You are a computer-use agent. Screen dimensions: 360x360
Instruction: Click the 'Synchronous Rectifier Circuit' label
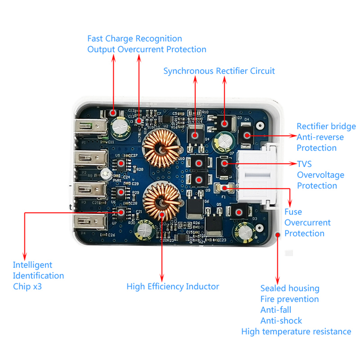click(219, 71)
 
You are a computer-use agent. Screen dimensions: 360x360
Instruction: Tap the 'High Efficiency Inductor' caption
click(173, 287)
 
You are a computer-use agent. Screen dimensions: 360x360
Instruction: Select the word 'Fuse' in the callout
click(293, 212)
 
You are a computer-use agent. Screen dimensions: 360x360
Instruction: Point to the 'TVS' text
click(304, 164)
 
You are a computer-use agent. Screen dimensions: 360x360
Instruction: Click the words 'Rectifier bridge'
click(326, 126)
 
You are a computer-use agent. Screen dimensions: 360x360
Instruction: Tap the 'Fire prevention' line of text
click(289, 299)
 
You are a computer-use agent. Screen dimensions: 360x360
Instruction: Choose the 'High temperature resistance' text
click(296, 331)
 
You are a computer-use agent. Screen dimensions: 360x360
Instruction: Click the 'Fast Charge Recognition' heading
click(134, 38)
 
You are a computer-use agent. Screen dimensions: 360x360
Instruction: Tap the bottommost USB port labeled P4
click(90, 222)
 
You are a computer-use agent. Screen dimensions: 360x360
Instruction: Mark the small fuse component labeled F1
click(223, 188)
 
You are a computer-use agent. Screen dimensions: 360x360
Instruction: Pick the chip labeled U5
click(122, 163)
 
